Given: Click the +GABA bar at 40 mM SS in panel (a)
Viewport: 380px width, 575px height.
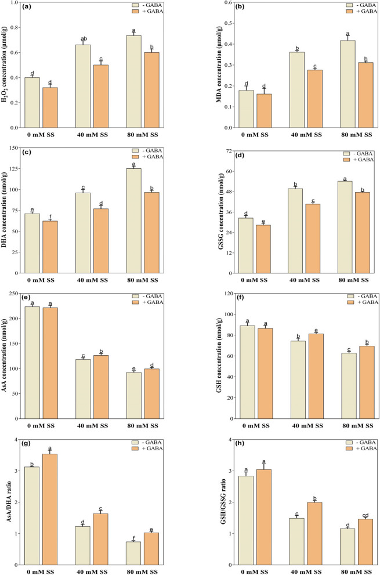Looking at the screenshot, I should click(x=101, y=96).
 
